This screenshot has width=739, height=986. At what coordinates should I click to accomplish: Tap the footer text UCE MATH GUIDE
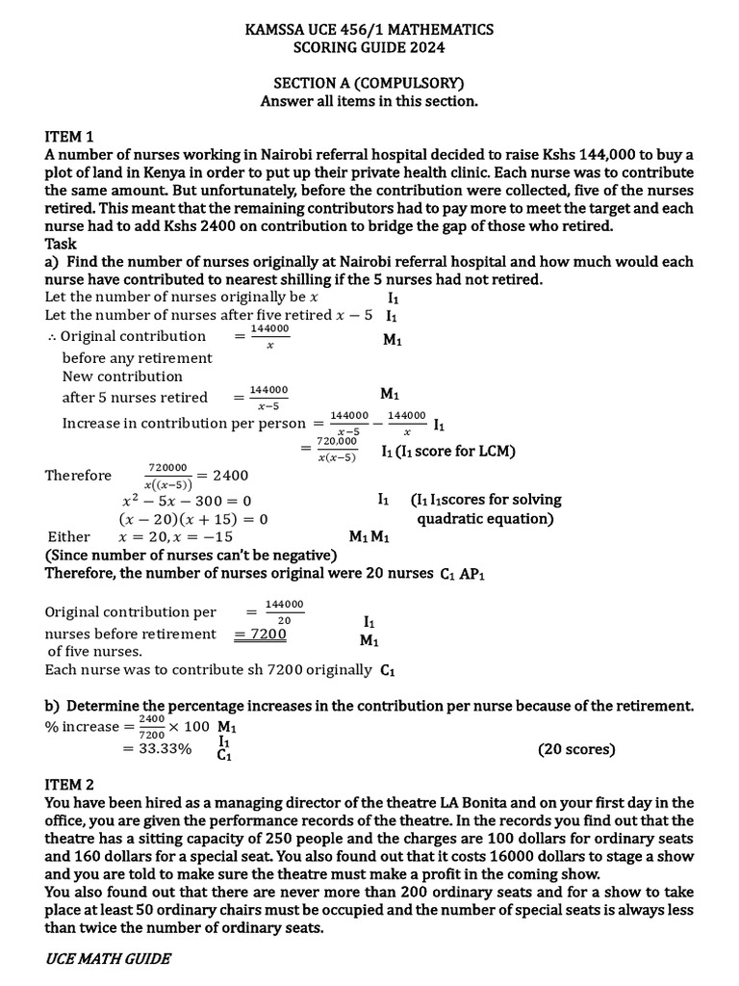[x=108, y=958]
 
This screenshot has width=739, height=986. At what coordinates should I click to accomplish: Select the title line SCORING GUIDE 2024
[x=369, y=47]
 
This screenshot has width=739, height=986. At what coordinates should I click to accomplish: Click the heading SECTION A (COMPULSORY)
[x=369, y=83]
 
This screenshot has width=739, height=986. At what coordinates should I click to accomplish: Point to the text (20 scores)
[x=576, y=749]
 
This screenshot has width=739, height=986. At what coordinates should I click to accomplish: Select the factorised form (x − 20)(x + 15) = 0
[x=192, y=519]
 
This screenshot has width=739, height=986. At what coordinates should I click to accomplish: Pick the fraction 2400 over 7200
[x=151, y=727]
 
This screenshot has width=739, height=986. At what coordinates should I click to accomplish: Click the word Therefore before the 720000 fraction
[x=78, y=476]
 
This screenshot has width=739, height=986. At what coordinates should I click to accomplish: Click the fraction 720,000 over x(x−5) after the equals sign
[x=337, y=450]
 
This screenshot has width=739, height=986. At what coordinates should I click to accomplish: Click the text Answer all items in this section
[x=369, y=101]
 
